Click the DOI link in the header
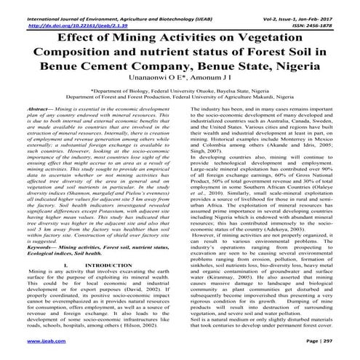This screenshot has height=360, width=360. pyautogui.click(x=69, y=13)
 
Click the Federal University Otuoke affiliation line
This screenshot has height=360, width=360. pyautogui.click(x=180, y=89)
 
